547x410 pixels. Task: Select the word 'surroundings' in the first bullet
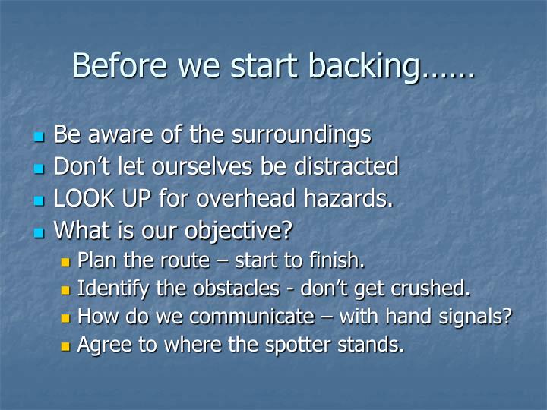pos(301,135)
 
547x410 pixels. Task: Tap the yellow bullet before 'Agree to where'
pos(65,346)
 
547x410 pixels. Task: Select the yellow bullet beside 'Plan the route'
pos(65,262)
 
